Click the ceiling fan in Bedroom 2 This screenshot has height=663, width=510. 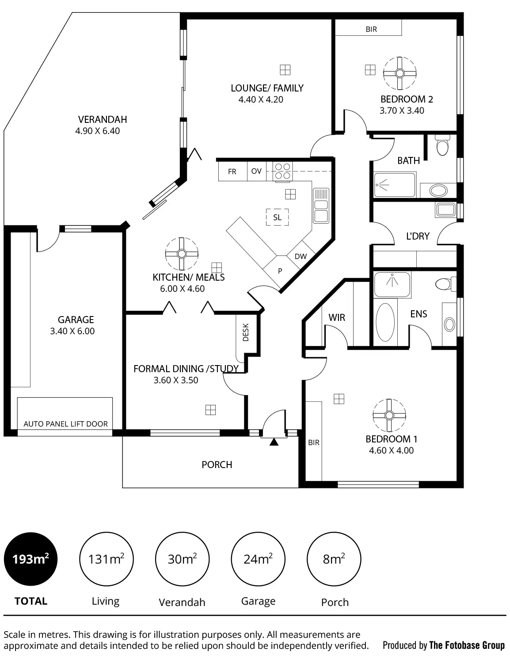(x=400, y=73)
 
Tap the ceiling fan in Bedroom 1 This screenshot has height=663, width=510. (x=389, y=415)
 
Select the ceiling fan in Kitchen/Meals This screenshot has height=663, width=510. (x=182, y=254)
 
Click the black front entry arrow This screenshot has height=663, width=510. (x=274, y=442)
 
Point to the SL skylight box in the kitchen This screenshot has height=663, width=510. (x=277, y=217)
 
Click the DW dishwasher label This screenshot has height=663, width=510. (x=301, y=256)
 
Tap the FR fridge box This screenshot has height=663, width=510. (x=232, y=171)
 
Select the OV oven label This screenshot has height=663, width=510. (x=256, y=171)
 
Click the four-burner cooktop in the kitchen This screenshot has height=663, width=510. (x=282, y=171)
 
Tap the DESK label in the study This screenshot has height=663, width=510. (x=246, y=332)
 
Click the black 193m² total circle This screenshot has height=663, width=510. (x=30, y=559)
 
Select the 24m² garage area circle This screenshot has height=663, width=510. (x=258, y=559)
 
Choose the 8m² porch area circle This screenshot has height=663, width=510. (x=334, y=559)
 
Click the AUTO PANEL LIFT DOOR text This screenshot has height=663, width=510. (x=65, y=424)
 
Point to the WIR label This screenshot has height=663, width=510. (x=337, y=317)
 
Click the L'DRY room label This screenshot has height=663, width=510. (x=418, y=236)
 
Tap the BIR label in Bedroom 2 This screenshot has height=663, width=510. (x=371, y=29)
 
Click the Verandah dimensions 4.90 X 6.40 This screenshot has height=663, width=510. (x=98, y=131)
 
